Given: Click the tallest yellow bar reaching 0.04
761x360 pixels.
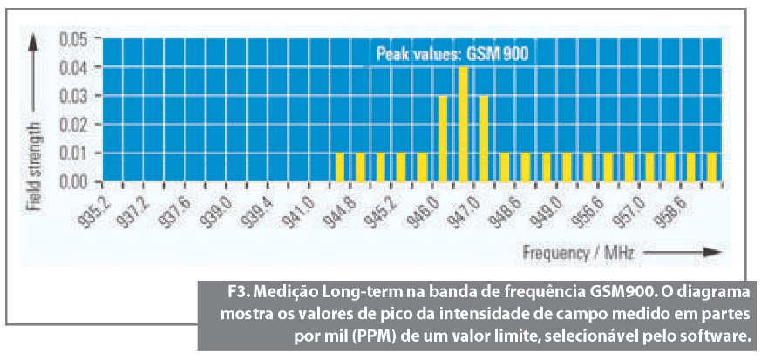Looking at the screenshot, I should [x=464, y=124].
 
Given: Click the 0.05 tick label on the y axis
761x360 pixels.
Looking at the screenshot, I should [x=74, y=39].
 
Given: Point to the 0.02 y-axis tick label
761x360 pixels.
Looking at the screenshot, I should [x=74, y=125].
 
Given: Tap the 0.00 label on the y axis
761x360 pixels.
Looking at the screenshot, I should [x=74, y=182].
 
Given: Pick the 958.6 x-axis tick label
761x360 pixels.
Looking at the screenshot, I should [x=669, y=211].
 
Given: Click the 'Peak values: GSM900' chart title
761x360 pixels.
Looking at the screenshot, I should [x=452, y=54].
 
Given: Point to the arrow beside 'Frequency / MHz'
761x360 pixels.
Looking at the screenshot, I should [x=685, y=253].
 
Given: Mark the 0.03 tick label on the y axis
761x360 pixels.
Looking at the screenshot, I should [x=74, y=96].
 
